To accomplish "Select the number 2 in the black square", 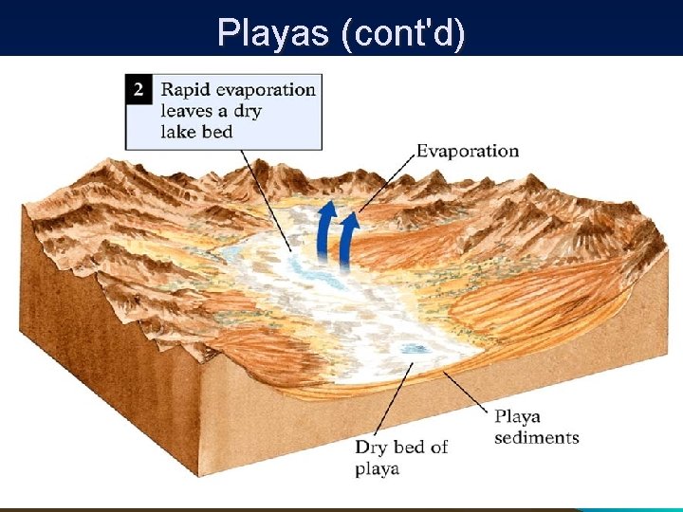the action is tap(139, 90).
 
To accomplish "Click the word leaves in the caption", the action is tap(187, 111).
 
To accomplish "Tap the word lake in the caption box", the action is tap(175, 132).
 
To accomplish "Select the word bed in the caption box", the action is tap(217, 132).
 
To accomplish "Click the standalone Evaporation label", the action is tap(468, 151).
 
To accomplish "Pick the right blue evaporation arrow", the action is tap(349, 237).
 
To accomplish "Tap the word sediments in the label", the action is tap(537, 437).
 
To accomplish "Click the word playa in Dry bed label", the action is tap(378, 468).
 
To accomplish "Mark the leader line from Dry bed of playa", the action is tap(395, 398).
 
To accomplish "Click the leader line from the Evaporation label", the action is tap(384, 185).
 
